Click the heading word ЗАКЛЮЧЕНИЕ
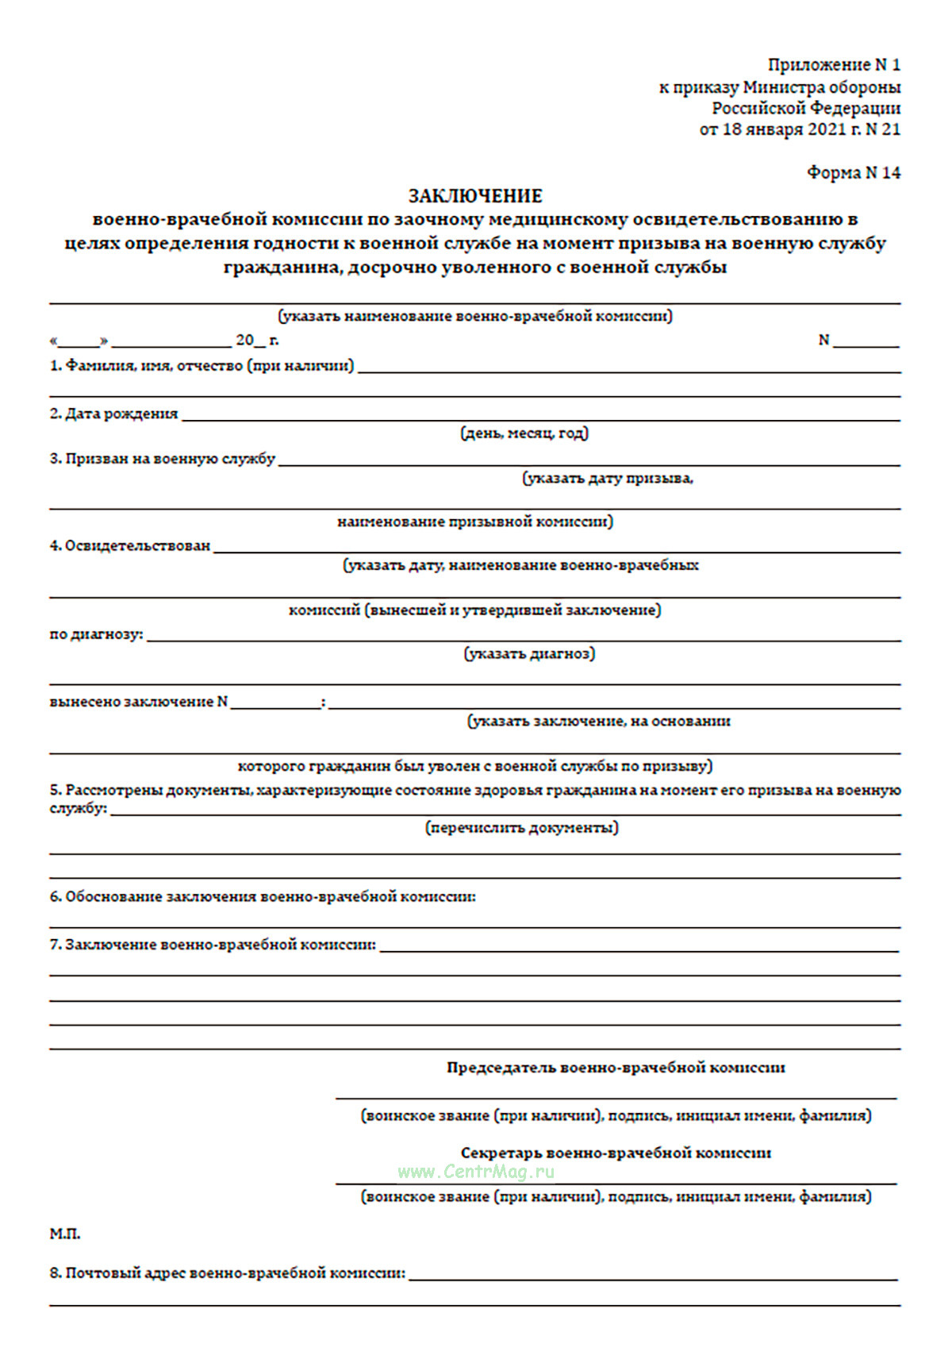[x=475, y=195]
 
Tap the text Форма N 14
[x=854, y=172]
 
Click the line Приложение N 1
[x=834, y=64]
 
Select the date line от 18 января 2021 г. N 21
[x=800, y=129]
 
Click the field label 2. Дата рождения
[x=114, y=414]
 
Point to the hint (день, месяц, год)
[x=524, y=433]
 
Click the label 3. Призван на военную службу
[x=163, y=459]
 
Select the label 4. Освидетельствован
[x=130, y=546]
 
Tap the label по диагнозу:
[x=97, y=634]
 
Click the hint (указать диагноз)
[x=529, y=653]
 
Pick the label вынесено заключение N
[x=139, y=702]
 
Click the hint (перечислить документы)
[x=522, y=828]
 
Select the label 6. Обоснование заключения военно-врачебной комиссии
[x=263, y=897]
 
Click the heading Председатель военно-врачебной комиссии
[x=616, y=1068]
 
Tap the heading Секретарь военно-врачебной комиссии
[x=616, y=1153]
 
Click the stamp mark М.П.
[x=65, y=1234]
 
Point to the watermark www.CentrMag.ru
[x=476, y=1172]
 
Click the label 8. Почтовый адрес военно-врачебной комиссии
[x=228, y=1273]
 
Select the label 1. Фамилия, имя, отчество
[x=202, y=366]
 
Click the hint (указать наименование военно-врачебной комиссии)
[x=475, y=316]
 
